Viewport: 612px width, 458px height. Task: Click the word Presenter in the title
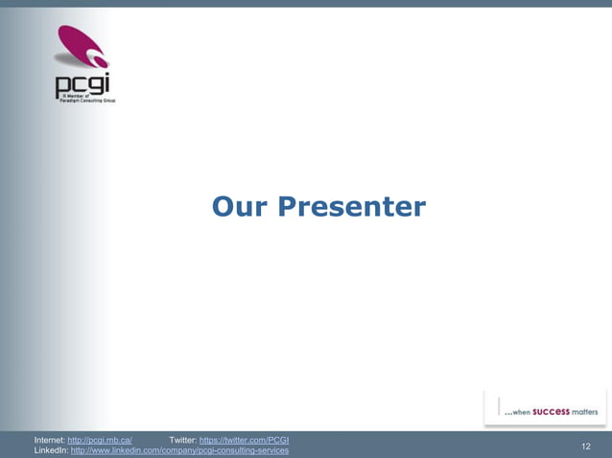[x=351, y=207]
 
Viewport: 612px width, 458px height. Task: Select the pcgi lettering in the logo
[x=82, y=84]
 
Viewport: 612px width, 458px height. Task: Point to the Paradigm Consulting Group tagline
[x=88, y=99]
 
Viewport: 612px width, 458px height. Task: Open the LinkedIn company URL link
[x=179, y=450]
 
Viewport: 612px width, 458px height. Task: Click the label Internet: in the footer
[x=50, y=440]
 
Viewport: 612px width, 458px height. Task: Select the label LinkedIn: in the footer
[x=51, y=450]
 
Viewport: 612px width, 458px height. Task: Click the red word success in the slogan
[x=552, y=411]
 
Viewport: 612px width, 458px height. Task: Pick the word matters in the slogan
[x=585, y=412]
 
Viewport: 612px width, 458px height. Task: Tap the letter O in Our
[x=224, y=206]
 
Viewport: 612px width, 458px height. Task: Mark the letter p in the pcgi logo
[x=62, y=86]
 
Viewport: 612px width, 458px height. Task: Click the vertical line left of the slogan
[x=499, y=406]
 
